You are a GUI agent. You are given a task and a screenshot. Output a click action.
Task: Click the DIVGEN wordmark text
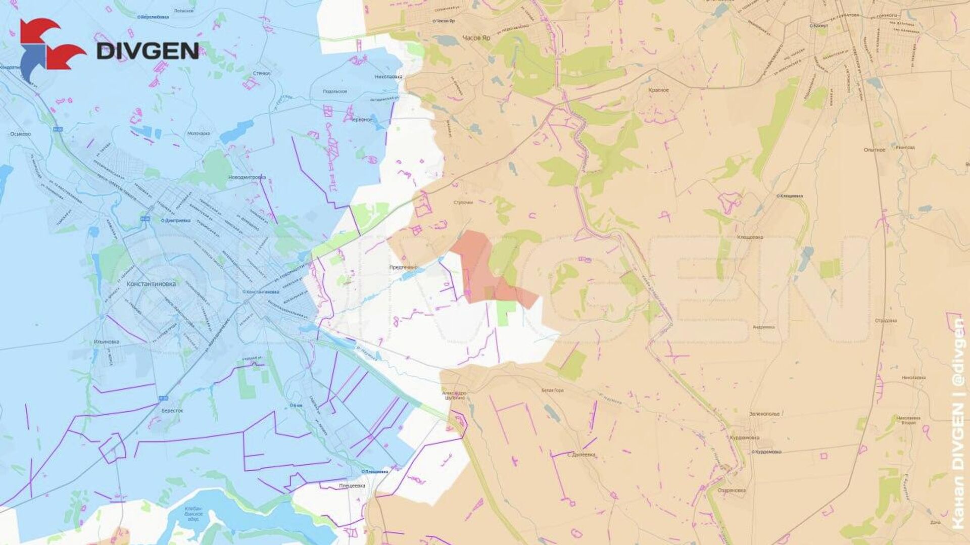pos(148,51)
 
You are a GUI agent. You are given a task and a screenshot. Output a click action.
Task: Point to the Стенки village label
pos(261,73)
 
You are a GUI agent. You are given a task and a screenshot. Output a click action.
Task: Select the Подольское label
pos(335,91)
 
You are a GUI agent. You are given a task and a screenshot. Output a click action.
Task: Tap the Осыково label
pos(20,134)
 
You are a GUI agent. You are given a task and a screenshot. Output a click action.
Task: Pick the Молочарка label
pos(199,133)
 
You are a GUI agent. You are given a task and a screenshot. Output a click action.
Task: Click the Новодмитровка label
pos(247,177)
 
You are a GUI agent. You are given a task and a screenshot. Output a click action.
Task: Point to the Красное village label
pos(659,90)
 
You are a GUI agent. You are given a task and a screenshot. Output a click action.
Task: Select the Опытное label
pos(875,150)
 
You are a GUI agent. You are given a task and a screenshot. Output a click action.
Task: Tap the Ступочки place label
pos(463,203)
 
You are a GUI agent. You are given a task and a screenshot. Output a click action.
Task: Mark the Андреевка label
pos(763,327)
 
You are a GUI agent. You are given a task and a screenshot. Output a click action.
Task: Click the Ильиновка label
pos(107,341)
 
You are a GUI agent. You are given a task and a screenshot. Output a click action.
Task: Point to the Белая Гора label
pos(552,390)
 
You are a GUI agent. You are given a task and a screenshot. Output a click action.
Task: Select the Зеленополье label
pos(764,414)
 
